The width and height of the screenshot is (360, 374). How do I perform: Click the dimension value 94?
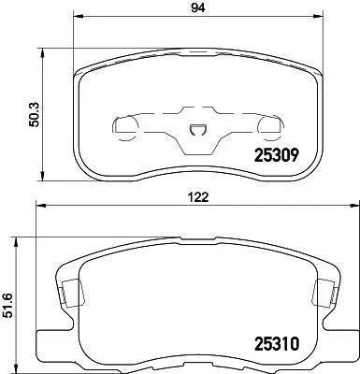pos(198,7)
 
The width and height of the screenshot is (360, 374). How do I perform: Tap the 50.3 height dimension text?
pos(34,115)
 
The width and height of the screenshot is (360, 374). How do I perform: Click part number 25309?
pos(277,155)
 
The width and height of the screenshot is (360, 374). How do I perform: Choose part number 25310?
pos(277,344)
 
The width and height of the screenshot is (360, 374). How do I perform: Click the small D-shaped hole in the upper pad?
pos(198,130)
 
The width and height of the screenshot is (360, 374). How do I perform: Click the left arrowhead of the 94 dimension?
pos(78,16)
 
